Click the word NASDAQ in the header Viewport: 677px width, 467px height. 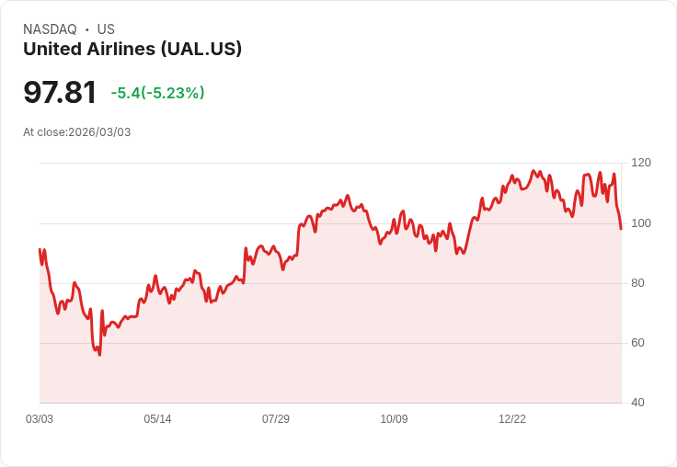[x=50, y=29]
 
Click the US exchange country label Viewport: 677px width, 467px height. [x=106, y=29]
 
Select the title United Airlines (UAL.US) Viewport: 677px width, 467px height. [x=132, y=49]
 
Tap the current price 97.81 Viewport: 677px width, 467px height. [x=60, y=92]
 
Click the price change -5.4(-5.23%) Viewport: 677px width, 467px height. [x=157, y=93]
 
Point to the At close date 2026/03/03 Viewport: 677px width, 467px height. [x=99, y=132]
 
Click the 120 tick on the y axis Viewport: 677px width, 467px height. [x=641, y=163]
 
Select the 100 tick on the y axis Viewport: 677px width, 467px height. [x=641, y=223]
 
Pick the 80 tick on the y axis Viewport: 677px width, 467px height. [x=637, y=283]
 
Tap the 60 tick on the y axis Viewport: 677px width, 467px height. [x=637, y=343]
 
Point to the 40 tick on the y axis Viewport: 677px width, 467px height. [x=637, y=403]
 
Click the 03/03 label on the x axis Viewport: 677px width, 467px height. [x=40, y=419]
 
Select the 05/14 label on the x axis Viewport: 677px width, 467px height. [x=157, y=419]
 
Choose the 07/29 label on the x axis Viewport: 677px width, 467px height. [x=276, y=419]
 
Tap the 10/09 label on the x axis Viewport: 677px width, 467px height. [x=394, y=419]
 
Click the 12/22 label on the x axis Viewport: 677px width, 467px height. [x=512, y=419]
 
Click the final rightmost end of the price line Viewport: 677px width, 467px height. [x=621, y=229]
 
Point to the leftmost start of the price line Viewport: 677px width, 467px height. [x=40, y=249]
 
